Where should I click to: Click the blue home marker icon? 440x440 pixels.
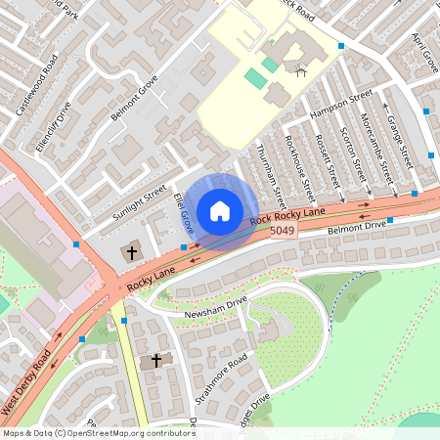(220, 211)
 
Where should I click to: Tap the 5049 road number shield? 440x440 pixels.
(283, 231)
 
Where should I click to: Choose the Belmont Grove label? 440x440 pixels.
(134, 99)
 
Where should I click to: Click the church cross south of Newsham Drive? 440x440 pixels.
(154, 362)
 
